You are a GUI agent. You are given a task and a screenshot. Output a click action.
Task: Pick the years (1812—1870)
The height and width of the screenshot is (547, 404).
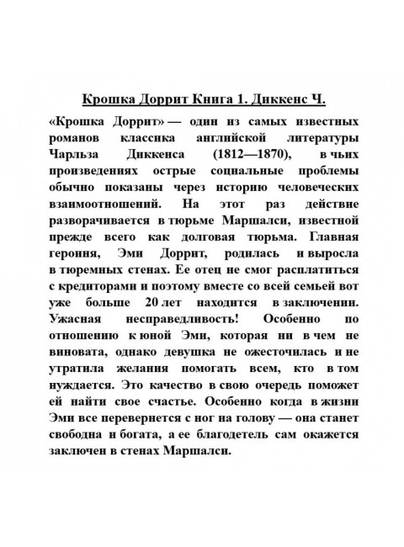coord(258,155)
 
